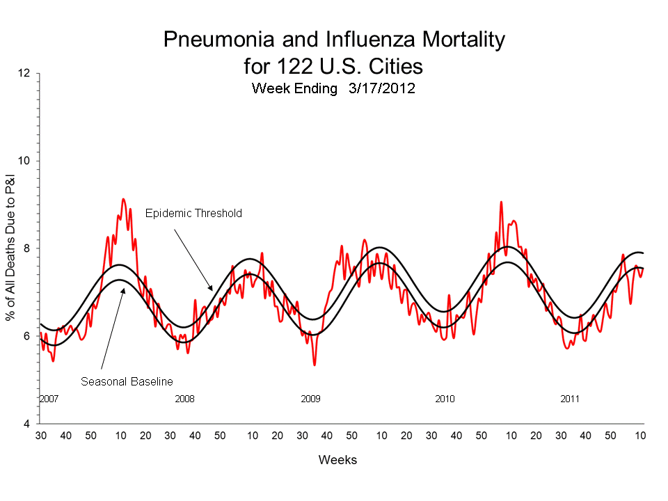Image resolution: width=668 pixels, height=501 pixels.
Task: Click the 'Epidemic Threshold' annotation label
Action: [193, 214]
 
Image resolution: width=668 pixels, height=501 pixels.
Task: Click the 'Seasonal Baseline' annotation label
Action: [127, 381]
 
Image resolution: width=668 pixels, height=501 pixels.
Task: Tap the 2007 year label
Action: [48, 399]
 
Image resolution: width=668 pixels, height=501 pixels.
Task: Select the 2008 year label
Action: [184, 399]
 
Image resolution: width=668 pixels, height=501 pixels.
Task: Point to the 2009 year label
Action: [310, 399]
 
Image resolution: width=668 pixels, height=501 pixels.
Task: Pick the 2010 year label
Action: [445, 399]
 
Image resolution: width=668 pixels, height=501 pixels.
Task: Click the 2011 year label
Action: [571, 399]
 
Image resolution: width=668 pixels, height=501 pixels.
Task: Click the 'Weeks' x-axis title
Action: [337, 460]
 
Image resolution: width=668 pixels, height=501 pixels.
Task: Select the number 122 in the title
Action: [287, 66]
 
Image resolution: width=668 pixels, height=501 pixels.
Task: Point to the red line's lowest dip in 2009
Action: [315, 365]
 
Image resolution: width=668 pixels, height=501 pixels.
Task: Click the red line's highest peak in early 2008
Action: [123, 199]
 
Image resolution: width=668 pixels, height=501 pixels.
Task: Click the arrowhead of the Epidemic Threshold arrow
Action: [212, 289]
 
